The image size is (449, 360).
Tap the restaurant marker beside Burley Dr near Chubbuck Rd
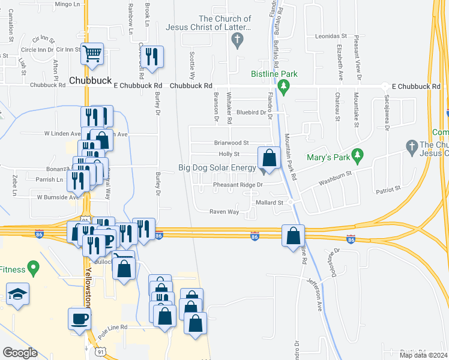152,56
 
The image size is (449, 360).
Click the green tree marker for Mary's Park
358,155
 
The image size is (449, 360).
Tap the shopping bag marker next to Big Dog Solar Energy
270,158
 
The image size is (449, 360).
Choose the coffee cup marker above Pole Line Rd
78,317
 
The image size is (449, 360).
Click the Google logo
20,353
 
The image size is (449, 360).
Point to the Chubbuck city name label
91,80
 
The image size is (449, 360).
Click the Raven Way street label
224,212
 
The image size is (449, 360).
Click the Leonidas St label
331,37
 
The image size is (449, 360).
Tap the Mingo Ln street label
67,4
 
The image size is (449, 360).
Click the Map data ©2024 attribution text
423,355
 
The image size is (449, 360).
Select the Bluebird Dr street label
251,112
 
